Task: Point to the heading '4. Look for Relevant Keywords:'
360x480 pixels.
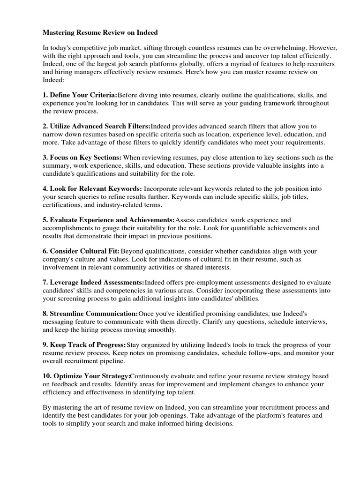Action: [x=92, y=188]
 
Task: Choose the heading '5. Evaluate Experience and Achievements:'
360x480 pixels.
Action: [x=108, y=220]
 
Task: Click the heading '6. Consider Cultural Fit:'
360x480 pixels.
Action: [x=81, y=251]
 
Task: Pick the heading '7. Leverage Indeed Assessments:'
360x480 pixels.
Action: [x=93, y=282]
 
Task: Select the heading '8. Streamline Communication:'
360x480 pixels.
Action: [x=90, y=313]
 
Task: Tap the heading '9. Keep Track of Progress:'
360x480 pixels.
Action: [x=84, y=345]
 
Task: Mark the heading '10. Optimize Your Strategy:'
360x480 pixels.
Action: [x=86, y=376]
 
